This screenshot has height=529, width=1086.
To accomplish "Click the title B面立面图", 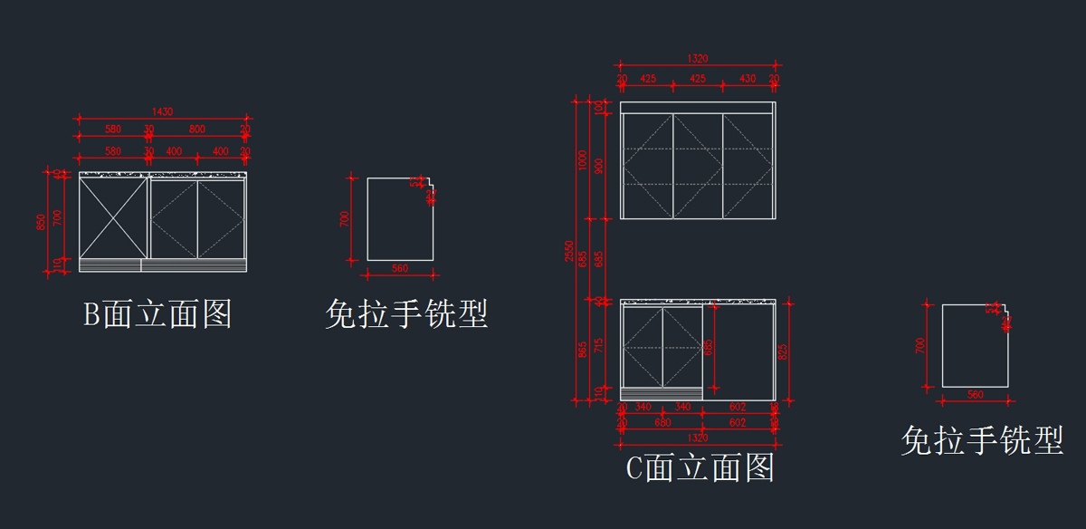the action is click(x=158, y=315).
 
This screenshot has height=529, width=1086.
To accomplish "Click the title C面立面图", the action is click(x=700, y=468).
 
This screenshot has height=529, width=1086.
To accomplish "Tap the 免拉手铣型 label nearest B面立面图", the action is click(x=406, y=315).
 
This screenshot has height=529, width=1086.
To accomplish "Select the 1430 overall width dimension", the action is click(x=162, y=111).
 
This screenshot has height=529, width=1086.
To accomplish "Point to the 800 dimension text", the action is click(x=196, y=130).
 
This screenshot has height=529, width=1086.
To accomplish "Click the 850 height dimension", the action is click(x=41, y=221).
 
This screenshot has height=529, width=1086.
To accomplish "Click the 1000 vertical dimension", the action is click(x=583, y=160).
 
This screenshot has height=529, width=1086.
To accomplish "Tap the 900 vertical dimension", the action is click(x=598, y=166).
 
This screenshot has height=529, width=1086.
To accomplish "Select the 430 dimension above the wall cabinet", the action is click(x=748, y=80).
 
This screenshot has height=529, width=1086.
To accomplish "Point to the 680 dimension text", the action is click(x=662, y=422).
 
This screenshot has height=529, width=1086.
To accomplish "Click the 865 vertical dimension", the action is click(x=583, y=347).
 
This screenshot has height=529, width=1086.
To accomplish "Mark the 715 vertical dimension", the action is click(x=598, y=347).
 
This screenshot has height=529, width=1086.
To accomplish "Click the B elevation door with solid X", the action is click(x=113, y=217).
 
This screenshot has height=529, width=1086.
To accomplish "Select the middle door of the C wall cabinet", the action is click(x=697, y=166).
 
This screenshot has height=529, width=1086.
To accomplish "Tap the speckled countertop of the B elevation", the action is click(x=163, y=173).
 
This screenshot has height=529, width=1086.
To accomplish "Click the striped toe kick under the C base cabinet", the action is click(x=662, y=393).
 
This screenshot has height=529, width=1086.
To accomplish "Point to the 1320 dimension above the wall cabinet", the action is click(x=697, y=58).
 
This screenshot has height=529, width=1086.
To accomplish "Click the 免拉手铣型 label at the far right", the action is click(x=982, y=441).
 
